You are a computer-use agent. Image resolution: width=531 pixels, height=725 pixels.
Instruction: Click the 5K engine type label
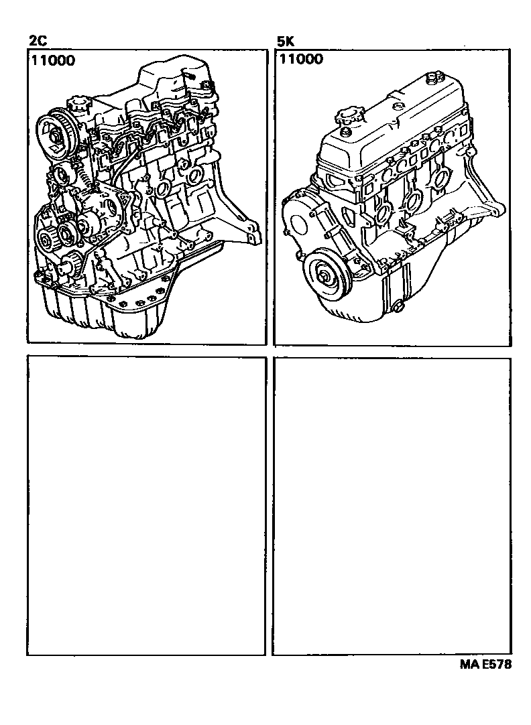pos(286,42)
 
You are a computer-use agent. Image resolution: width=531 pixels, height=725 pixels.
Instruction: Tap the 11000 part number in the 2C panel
pos(53,60)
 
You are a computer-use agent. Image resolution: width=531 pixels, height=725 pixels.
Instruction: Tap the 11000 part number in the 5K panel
pos(301,59)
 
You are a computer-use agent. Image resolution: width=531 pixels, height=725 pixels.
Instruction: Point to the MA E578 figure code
pos(486,665)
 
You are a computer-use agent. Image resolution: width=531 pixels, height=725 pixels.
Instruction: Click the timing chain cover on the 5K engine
pos(315,221)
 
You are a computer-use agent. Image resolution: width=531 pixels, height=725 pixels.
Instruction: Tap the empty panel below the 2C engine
pos(145,506)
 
